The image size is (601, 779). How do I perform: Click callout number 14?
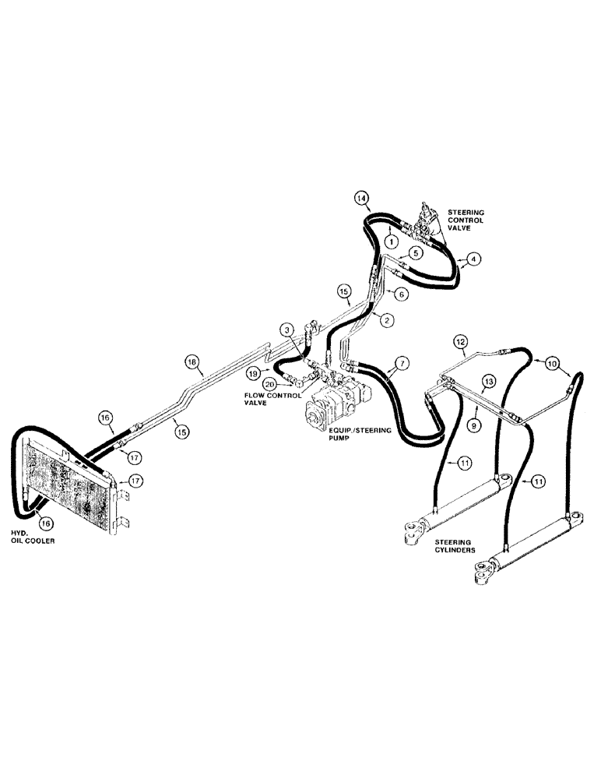pos(362,198)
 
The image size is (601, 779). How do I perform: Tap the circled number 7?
pos(402,363)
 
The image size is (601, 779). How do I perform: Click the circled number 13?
pos(488,381)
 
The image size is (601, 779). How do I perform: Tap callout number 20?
pos(269,384)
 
